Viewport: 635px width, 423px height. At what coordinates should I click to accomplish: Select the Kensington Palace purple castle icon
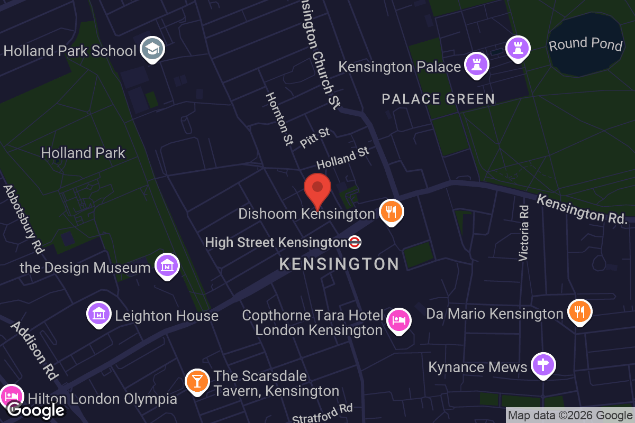coord(476,65)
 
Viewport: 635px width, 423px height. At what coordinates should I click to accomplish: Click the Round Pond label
coord(585,44)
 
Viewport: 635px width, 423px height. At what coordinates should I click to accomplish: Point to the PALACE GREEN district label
coord(438,99)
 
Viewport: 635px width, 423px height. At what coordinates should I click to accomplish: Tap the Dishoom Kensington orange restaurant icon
coord(391,212)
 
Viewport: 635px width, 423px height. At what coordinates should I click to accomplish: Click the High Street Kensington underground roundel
coord(355,243)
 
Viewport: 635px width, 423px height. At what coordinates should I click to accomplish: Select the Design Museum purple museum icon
coord(167,266)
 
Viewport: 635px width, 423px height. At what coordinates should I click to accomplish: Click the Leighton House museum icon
coord(99,314)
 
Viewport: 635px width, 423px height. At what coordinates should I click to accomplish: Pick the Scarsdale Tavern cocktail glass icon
coord(197,381)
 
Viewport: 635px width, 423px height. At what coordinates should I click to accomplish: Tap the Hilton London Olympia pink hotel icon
coord(11,396)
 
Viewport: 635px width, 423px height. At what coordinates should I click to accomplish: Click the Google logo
coord(35,410)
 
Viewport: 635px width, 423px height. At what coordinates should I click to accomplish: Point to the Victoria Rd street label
coord(524,233)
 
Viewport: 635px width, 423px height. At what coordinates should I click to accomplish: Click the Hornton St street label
coord(279,119)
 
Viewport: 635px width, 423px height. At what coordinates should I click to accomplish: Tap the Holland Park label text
coord(83,153)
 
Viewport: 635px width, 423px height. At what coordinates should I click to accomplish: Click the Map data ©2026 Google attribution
coord(570,416)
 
